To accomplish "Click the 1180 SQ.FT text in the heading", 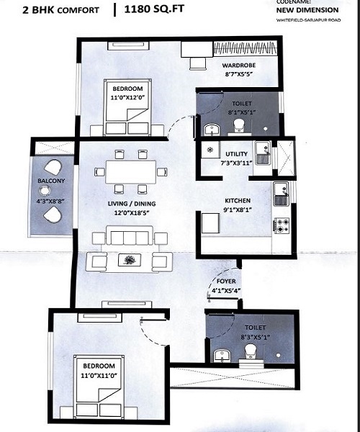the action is pos(154,9).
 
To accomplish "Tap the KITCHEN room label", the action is pos(238,201).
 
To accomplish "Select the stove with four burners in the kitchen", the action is pos(282,225).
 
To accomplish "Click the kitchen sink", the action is pos(281,194).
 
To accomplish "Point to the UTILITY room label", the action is pos(236,154).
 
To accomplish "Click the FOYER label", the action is pos(226,282).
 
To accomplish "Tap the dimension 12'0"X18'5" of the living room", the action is pos(131,212).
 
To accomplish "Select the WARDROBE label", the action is pos(239,66).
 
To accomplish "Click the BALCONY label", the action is pos(51,181).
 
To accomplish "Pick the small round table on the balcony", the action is pos(45,190).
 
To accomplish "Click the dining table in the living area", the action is pos(130,172).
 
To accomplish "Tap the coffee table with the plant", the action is pos(129,260).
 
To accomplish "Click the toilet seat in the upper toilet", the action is pos(239,125).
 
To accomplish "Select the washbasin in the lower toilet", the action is pos(221,356).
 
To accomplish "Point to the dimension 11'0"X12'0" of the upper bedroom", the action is pos(127,97).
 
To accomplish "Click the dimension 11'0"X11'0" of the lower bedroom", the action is pos(99,375).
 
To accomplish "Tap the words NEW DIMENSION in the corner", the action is pos(307,10).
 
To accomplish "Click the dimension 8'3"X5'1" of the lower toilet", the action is pos(255,337).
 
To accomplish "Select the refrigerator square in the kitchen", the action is pos(211,222).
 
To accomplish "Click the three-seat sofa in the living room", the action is pos(129,235).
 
